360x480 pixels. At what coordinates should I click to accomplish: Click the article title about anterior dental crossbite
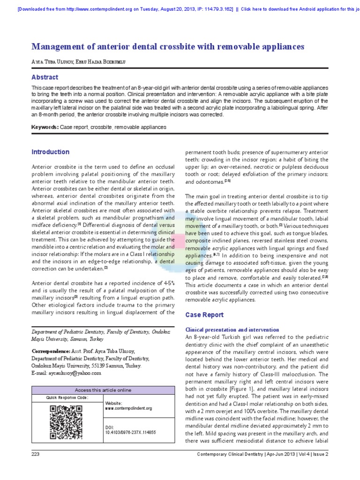168,46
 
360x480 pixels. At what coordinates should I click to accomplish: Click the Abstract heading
45,77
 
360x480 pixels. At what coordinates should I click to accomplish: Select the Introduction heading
50,152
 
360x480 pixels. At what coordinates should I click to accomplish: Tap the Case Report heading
205,315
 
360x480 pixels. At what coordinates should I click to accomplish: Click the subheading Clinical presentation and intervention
232,330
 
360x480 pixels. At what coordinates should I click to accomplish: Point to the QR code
66,422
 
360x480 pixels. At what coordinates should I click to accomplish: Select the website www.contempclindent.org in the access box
128,408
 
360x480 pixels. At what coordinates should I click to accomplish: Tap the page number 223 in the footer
36,454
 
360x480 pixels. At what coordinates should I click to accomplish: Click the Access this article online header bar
104,390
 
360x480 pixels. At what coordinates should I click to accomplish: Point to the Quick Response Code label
67,397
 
